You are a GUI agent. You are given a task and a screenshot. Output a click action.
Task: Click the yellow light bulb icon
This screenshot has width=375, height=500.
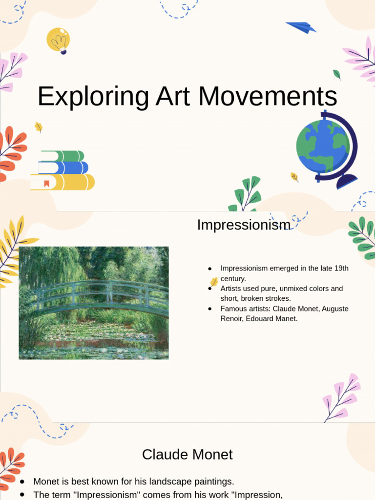point(58,40)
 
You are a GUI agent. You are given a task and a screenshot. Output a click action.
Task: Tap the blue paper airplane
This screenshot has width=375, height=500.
point(301,27)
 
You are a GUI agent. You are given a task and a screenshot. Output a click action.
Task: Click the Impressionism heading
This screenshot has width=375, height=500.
point(244,225)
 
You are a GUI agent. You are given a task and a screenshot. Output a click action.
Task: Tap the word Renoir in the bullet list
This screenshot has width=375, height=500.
point(231,319)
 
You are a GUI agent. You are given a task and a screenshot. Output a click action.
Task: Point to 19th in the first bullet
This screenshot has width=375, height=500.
point(341,268)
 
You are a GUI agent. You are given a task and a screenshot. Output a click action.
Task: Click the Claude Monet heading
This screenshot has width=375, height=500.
point(187,455)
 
